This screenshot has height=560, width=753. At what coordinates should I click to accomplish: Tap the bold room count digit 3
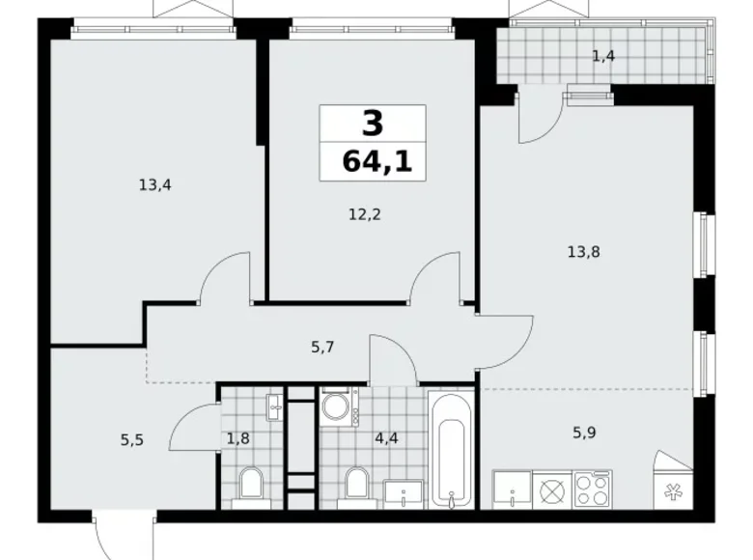pyautogui.click(x=373, y=124)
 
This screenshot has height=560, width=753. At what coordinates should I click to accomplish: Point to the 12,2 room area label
pyautogui.click(x=365, y=214)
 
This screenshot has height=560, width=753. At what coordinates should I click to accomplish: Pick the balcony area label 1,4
pyautogui.click(x=603, y=55)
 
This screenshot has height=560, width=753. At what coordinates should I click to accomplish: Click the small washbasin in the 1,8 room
pyautogui.click(x=275, y=406)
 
